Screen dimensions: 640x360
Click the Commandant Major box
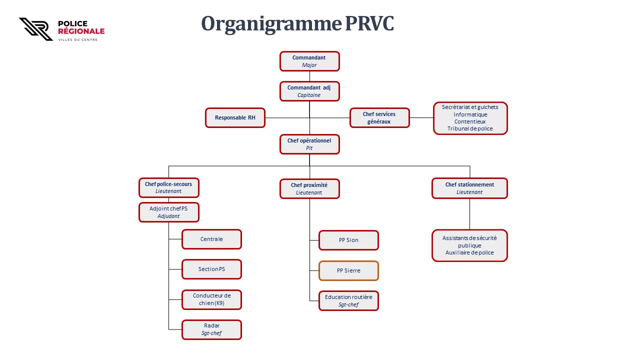click(309, 61)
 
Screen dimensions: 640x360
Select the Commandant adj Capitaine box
click(309, 91)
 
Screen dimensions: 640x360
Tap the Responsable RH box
click(235, 117)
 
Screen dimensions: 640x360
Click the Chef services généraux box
click(379, 117)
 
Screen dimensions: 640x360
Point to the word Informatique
click(470, 114)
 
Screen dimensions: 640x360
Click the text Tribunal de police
click(470, 128)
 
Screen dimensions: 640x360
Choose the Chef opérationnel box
click(309, 144)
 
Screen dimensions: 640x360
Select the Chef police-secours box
click(169, 187)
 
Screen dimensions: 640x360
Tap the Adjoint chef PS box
click(169, 212)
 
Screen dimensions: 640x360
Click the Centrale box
click(211, 239)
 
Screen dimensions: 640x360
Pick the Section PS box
click(211, 269)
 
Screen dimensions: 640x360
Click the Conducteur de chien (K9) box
click(211, 299)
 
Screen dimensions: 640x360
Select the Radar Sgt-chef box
click(211, 329)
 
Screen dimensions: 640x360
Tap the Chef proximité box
click(309, 188)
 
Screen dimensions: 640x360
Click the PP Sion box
click(348, 240)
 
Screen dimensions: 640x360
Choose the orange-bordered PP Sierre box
click(348, 270)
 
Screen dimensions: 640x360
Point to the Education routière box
click(348, 300)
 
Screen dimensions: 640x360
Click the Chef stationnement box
click(469, 188)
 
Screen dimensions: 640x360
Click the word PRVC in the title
click(369, 23)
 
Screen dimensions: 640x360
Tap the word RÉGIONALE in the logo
click(81, 31)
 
